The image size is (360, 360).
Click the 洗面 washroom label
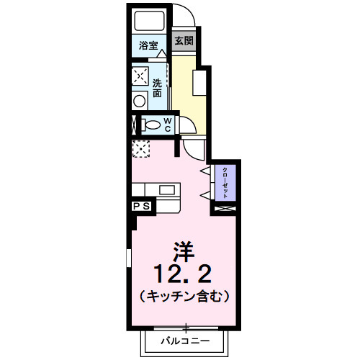click(158, 87)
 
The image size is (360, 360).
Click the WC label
click(167, 125)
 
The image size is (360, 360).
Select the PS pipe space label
click(141, 207)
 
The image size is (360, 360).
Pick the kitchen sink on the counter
click(168, 190)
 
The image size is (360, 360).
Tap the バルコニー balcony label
click(184, 340)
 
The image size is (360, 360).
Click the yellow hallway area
click(189, 90)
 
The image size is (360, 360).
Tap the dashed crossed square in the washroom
click(140, 75)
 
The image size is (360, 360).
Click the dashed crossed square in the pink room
click(140, 148)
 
